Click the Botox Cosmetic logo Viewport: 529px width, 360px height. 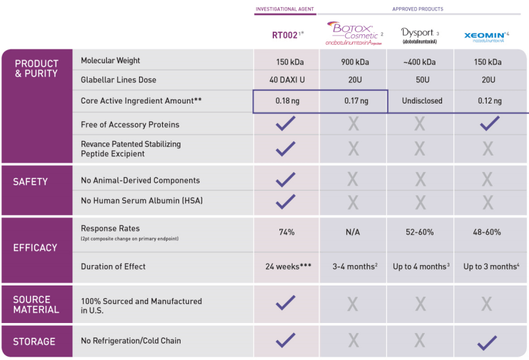click(353, 33)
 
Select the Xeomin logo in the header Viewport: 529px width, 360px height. click(486, 36)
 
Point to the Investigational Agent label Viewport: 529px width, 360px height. click(285, 9)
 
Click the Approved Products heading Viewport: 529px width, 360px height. click(418, 9)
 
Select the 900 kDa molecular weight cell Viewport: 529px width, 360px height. click(353, 62)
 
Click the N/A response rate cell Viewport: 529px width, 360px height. click(353, 232)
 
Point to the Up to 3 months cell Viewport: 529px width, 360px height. click(491, 266)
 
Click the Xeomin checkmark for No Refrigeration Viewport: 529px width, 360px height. click(487, 342)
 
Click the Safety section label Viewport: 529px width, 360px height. click(30, 182)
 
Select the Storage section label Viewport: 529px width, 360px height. click(35, 342)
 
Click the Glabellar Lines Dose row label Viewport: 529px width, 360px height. click(119, 80)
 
